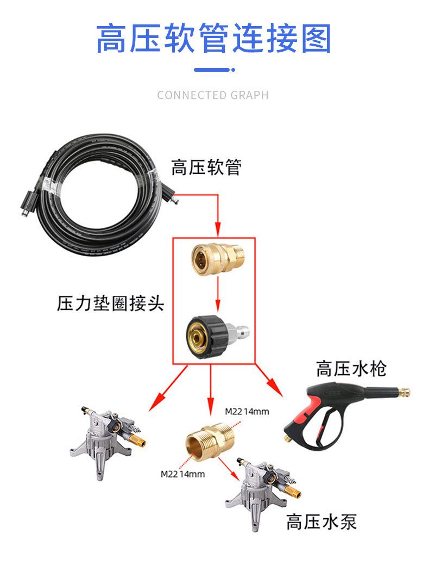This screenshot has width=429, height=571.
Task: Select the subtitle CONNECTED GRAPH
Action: pos(213,95)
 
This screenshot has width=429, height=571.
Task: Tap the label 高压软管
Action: pos(206,167)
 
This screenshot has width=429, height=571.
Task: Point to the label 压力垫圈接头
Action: pos(110,303)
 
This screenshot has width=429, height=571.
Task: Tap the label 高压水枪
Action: pos(351,369)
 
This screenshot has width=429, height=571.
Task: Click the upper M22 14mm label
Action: pos(247,411)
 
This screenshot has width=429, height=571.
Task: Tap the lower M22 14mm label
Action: pos(183,474)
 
